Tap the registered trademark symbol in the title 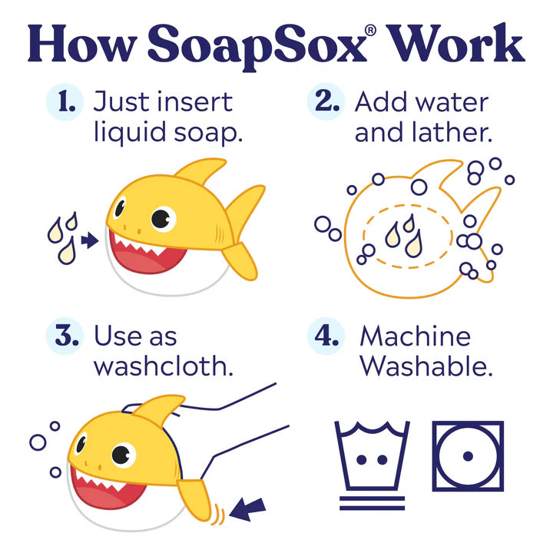coord(370,30)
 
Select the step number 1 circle coord(65,102)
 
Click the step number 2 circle coord(326,101)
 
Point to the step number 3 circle coord(65,336)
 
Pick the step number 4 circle coord(326,336)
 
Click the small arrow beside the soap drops coord(90,240)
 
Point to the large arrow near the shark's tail coord(247,509)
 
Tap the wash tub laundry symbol coord(372,455)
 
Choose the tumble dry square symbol coord(468,456)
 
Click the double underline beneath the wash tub coord(372,503)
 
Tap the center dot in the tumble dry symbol coord(468,456)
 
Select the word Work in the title coord(455,44)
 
